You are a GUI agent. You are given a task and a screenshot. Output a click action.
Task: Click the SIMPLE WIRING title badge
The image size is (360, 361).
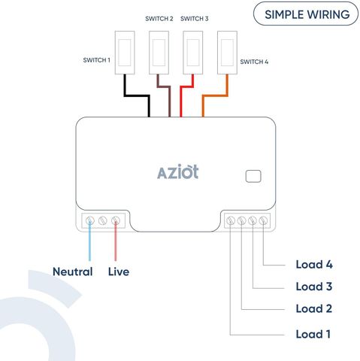pos(306,14)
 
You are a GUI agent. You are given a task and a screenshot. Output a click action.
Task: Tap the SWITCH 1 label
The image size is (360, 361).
pos(97,60)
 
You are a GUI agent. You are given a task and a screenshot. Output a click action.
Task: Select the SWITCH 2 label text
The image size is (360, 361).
pos(159,19)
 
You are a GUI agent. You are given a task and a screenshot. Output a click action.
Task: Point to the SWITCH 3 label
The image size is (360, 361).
pos(194,19)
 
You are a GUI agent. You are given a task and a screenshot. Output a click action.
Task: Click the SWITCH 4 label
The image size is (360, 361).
pos(254,62)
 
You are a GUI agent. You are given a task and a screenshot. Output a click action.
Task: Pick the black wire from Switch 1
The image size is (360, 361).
pos(137,96)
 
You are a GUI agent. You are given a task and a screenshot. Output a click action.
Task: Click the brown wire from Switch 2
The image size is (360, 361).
pos(164,87)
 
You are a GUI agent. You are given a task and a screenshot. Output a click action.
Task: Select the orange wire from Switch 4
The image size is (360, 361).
pos(215,96)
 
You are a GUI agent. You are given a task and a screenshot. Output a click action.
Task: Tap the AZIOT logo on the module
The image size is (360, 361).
pos(178,171)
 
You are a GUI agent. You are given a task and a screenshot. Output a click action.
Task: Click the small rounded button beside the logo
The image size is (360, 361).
pos(253,176)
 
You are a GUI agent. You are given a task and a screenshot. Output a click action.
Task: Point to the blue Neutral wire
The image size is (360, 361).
pos(89,241)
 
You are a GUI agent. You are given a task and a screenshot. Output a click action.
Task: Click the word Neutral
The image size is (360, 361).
pos(73,272)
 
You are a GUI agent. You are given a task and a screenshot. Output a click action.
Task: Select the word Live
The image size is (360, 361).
pos(119,272)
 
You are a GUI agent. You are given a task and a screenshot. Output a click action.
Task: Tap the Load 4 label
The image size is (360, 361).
pos(314,265)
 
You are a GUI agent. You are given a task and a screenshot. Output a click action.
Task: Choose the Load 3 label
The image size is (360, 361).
pos(314,287)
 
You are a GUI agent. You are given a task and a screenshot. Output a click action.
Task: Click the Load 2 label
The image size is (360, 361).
pos(314,308)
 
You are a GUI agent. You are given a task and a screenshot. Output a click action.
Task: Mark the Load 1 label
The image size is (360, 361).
pos(313,334)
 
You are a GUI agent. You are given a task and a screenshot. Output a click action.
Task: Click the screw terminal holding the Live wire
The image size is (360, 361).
pos(116,220)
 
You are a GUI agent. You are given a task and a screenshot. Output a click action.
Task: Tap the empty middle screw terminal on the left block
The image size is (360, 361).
pos(102,220)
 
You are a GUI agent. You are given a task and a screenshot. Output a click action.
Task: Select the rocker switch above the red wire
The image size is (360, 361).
pos(193,53)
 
